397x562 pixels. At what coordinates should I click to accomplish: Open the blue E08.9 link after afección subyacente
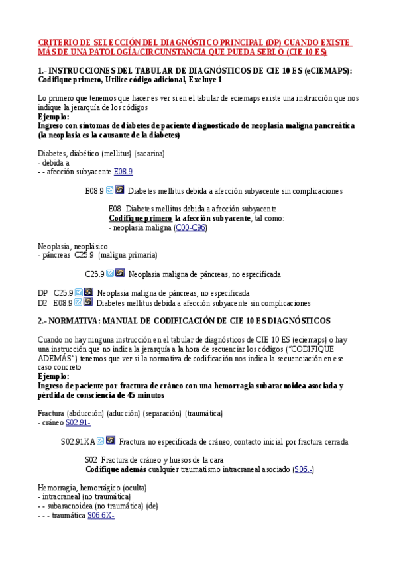click(x=123, y=171)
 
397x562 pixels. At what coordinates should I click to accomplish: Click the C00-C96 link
click(x=191, y=227)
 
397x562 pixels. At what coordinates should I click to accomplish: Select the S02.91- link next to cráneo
click(x=78, y=422)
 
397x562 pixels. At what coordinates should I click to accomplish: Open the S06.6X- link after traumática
click(x=101, y=515)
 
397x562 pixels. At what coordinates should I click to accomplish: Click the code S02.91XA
click(x=78, y=441)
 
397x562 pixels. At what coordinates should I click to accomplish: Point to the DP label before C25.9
click(x=42, y=292)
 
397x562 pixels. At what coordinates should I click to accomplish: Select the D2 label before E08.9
click(x=42, y=303)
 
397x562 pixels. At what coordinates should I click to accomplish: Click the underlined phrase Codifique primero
click(x=140, y=218)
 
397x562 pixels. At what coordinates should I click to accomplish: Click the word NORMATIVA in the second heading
click(x=72, y=321)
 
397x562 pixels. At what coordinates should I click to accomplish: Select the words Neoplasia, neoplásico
click(x=72, y=246)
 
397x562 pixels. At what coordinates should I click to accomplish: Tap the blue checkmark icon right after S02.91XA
click(x=100, y=441)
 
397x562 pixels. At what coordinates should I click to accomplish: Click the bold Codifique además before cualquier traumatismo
click(x=116, y=469)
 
